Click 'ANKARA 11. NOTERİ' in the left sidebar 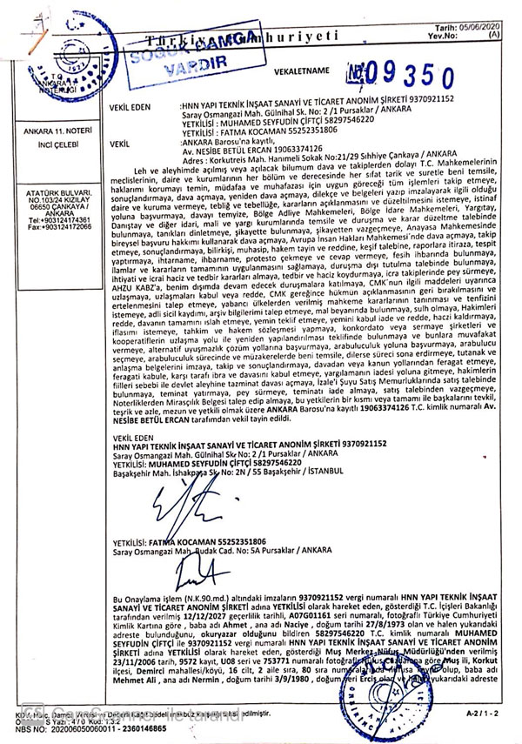[51, 131]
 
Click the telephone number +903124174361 [54, 220]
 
